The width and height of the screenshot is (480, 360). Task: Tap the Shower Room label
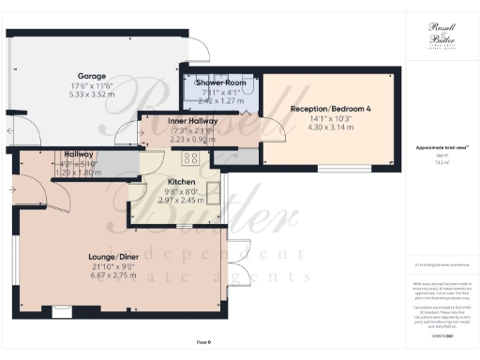click(x=219, y=83)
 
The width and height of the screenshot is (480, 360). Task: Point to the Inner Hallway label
click(x=193, y=121)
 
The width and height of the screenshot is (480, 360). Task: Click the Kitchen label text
click(x=180, y=181)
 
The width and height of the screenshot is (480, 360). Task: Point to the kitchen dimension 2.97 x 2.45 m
click(x=180, y=200)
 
